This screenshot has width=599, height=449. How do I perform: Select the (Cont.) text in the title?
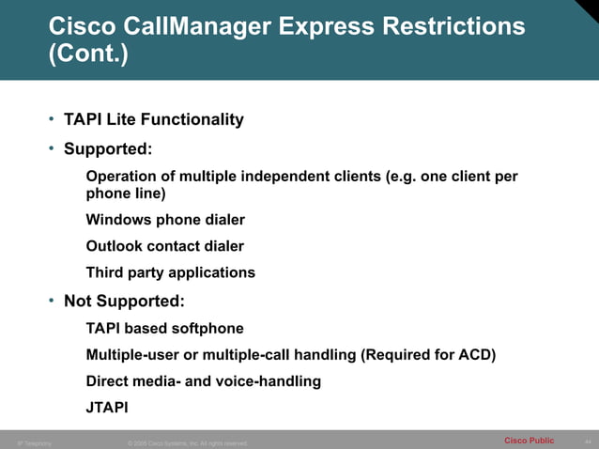click(88, 55)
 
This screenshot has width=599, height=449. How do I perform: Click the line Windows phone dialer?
click(165, 220)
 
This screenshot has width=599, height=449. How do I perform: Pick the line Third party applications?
click(170, 272)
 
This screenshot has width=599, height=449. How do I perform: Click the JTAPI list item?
click(106, 408)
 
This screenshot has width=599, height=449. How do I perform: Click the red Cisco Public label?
click(529, 441)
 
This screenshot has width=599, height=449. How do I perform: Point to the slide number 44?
click(587, 441)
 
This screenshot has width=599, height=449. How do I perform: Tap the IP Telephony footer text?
click(35, 442)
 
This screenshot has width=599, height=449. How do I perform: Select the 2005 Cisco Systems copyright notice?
click(187, 442)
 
